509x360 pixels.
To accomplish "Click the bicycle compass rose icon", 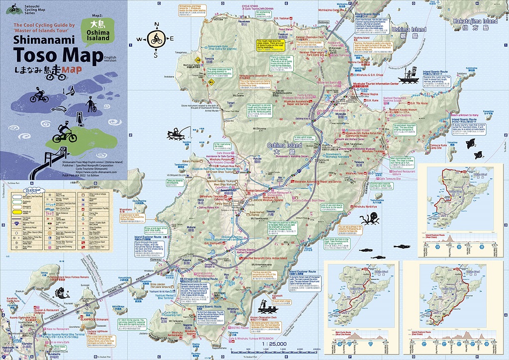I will click(156, 39).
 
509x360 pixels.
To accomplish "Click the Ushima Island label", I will click(409, 30).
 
